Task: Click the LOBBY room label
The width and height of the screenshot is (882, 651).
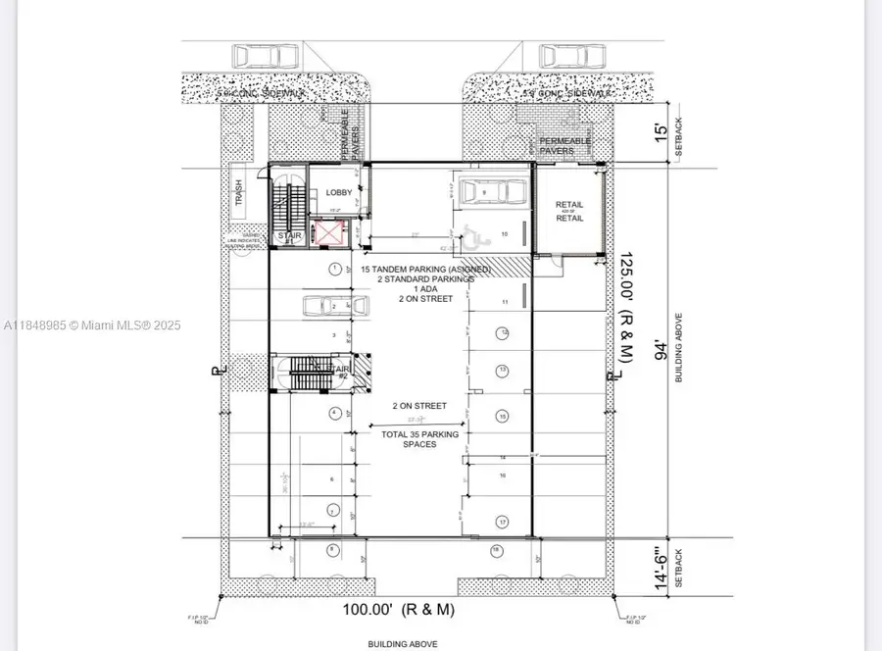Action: click(x=338, y=193)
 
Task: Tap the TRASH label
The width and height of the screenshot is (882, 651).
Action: click(x=237, y=193)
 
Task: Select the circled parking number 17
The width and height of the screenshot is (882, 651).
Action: click(x=502, y=522)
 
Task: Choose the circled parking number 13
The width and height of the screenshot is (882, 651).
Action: click(x=502, y=370)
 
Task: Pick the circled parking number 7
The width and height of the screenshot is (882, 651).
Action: click(x=333, y=512)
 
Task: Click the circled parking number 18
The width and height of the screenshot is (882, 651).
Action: click(x=496, y=550)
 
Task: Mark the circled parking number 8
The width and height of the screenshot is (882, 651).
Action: click(x=333, y=549)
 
